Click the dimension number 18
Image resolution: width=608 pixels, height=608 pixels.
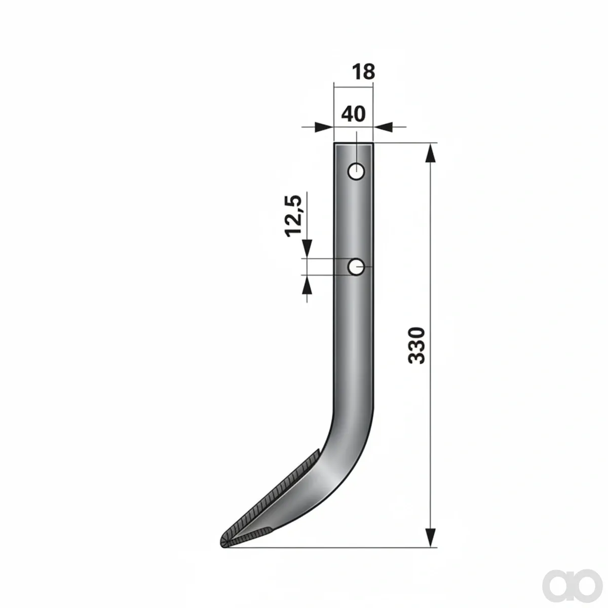(363, 72)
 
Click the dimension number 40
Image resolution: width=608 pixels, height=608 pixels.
(353, 114)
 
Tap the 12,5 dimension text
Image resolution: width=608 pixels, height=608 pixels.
(293, 216)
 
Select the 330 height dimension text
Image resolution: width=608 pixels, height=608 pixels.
(416, 346)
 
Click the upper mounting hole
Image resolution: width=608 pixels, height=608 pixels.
(356, 172)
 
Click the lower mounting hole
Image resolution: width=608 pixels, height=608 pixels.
(356, 267)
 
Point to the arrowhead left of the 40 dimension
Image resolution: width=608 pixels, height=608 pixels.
(324, 127)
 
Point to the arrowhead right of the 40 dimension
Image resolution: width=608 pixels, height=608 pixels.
(383, 127)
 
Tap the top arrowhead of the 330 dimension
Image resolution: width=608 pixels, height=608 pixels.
(430, 153)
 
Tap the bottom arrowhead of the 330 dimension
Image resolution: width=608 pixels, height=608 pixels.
(430, 538)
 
